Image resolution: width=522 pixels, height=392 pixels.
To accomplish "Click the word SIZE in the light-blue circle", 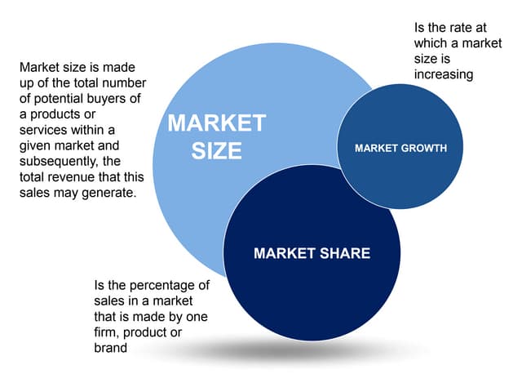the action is (217, 150).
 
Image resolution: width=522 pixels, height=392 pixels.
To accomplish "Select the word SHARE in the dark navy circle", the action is (345, 253).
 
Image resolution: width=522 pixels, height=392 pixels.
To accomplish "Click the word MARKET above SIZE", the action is (217, 123).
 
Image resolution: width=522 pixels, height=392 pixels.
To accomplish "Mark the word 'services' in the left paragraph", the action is (43, 130).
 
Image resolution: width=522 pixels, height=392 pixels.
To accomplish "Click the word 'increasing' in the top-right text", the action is (444, 74).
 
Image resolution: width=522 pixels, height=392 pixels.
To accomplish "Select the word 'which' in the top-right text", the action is (431, 43).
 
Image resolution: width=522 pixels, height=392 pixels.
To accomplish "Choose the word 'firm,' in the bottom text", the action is (107, 332).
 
